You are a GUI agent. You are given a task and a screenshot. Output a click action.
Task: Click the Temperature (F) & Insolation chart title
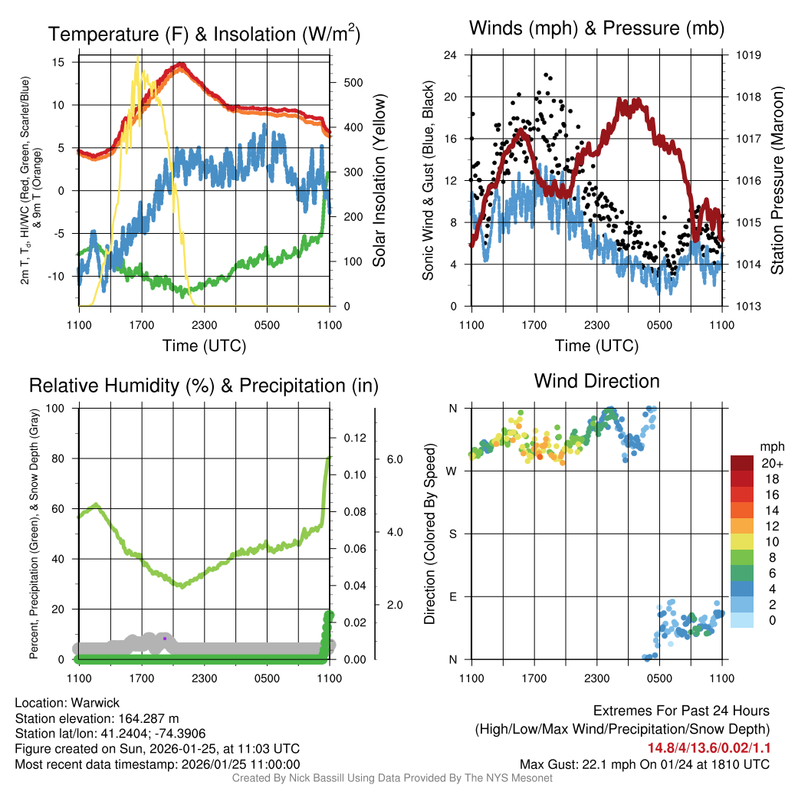tap(204, 34)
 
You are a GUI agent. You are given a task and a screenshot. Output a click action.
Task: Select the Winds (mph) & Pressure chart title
tap(596, 29)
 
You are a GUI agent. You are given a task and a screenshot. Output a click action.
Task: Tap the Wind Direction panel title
tap(596, 381)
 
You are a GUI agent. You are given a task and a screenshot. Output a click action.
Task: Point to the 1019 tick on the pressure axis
tap(748, 55)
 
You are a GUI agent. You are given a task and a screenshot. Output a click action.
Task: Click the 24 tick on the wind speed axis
tap(451, 55)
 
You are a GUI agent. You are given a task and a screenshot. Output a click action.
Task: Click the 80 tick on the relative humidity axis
tap(58, 458)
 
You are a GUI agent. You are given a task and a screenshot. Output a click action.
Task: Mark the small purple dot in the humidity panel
tap(165, 638)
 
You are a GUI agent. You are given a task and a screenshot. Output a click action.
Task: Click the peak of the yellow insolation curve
tap(138, 57)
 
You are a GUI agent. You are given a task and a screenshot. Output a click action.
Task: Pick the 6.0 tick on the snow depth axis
tap(393, 459)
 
